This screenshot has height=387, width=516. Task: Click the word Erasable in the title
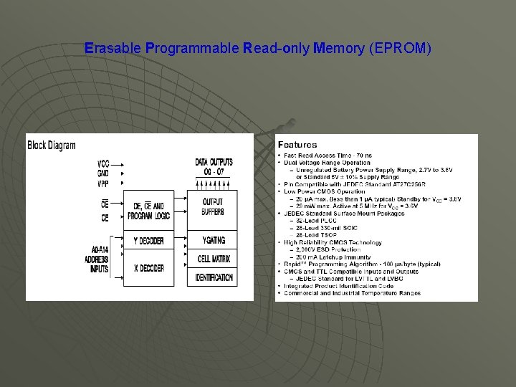tap(112, 49)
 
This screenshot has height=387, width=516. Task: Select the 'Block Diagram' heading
tap(52, 145)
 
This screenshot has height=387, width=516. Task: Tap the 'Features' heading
tap(297, 145)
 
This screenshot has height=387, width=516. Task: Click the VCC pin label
tap(104, 163)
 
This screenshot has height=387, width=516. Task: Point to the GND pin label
tap(104, 173)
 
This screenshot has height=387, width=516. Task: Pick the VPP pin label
tap(104, 183)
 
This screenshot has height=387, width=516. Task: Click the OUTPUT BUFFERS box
tap(212, 207)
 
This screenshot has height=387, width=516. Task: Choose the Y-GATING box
tap(212, 240)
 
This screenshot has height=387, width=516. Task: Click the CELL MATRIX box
tap(212, 258)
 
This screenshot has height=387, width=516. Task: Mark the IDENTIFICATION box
tap(212, 277)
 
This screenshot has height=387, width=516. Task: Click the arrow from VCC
tap(121, 163)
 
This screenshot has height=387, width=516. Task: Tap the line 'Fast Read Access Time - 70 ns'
tap(328, 156)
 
